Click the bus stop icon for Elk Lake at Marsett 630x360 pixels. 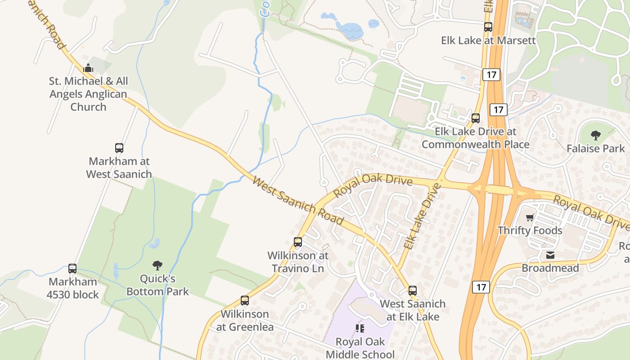click(488, 27)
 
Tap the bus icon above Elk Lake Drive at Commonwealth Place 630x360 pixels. click(476, 118)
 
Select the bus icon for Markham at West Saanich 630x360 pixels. click(119, 148)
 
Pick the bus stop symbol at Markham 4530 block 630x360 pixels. click(72, 269)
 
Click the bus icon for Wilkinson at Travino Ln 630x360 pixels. click(298, 242)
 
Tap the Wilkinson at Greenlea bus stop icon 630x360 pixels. click(245, 301)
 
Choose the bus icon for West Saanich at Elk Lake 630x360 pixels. click(413, 291)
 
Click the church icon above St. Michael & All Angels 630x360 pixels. click(88, 68)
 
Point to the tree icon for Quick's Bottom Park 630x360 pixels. click(157, 265)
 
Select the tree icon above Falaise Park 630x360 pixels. click(596, 135)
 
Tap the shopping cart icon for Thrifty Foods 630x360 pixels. click(530, 217)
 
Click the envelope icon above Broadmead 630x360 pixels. click(550, 255)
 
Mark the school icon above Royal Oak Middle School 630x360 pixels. click(360, 328)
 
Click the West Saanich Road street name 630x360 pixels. click(298, 201)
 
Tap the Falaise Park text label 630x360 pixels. click(596, 148)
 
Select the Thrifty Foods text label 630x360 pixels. click(530, 230)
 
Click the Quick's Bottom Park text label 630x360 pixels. click(157, 285)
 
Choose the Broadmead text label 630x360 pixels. click(550, 268)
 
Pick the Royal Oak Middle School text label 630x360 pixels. click(360, 348)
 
